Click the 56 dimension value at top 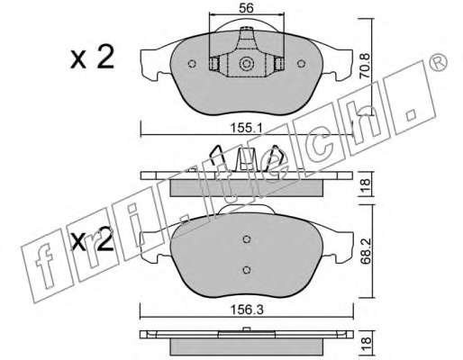click(246, 8)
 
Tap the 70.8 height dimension click(366, 66)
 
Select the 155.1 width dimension click(247, 128)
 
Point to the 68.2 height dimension click(366, 251)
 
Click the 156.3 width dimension click(247, 310)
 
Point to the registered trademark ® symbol click(439, 62)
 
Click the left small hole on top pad click(192, 64)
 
